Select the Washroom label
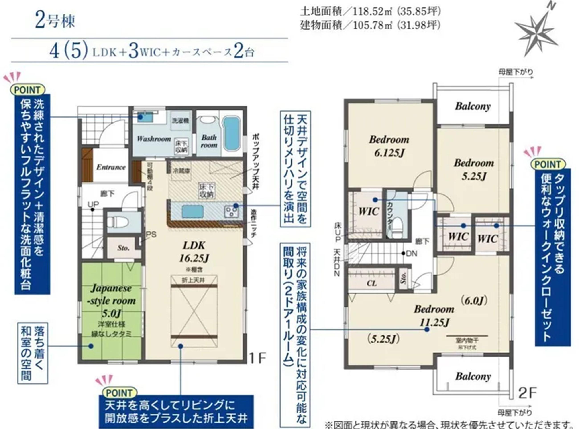tap(154, 139)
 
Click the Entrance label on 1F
tap(111, 167)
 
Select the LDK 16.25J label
tap(194, 252)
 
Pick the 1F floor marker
tap(257, 359)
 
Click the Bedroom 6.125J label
tap(389, 146)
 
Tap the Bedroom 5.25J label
tap(474, 170)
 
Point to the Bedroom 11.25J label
tap(434, 315)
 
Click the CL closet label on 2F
tap(371, 283)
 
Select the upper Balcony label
tap(473, 106)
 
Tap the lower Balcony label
tap(473, 377)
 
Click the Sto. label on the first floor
tap(123, 248)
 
